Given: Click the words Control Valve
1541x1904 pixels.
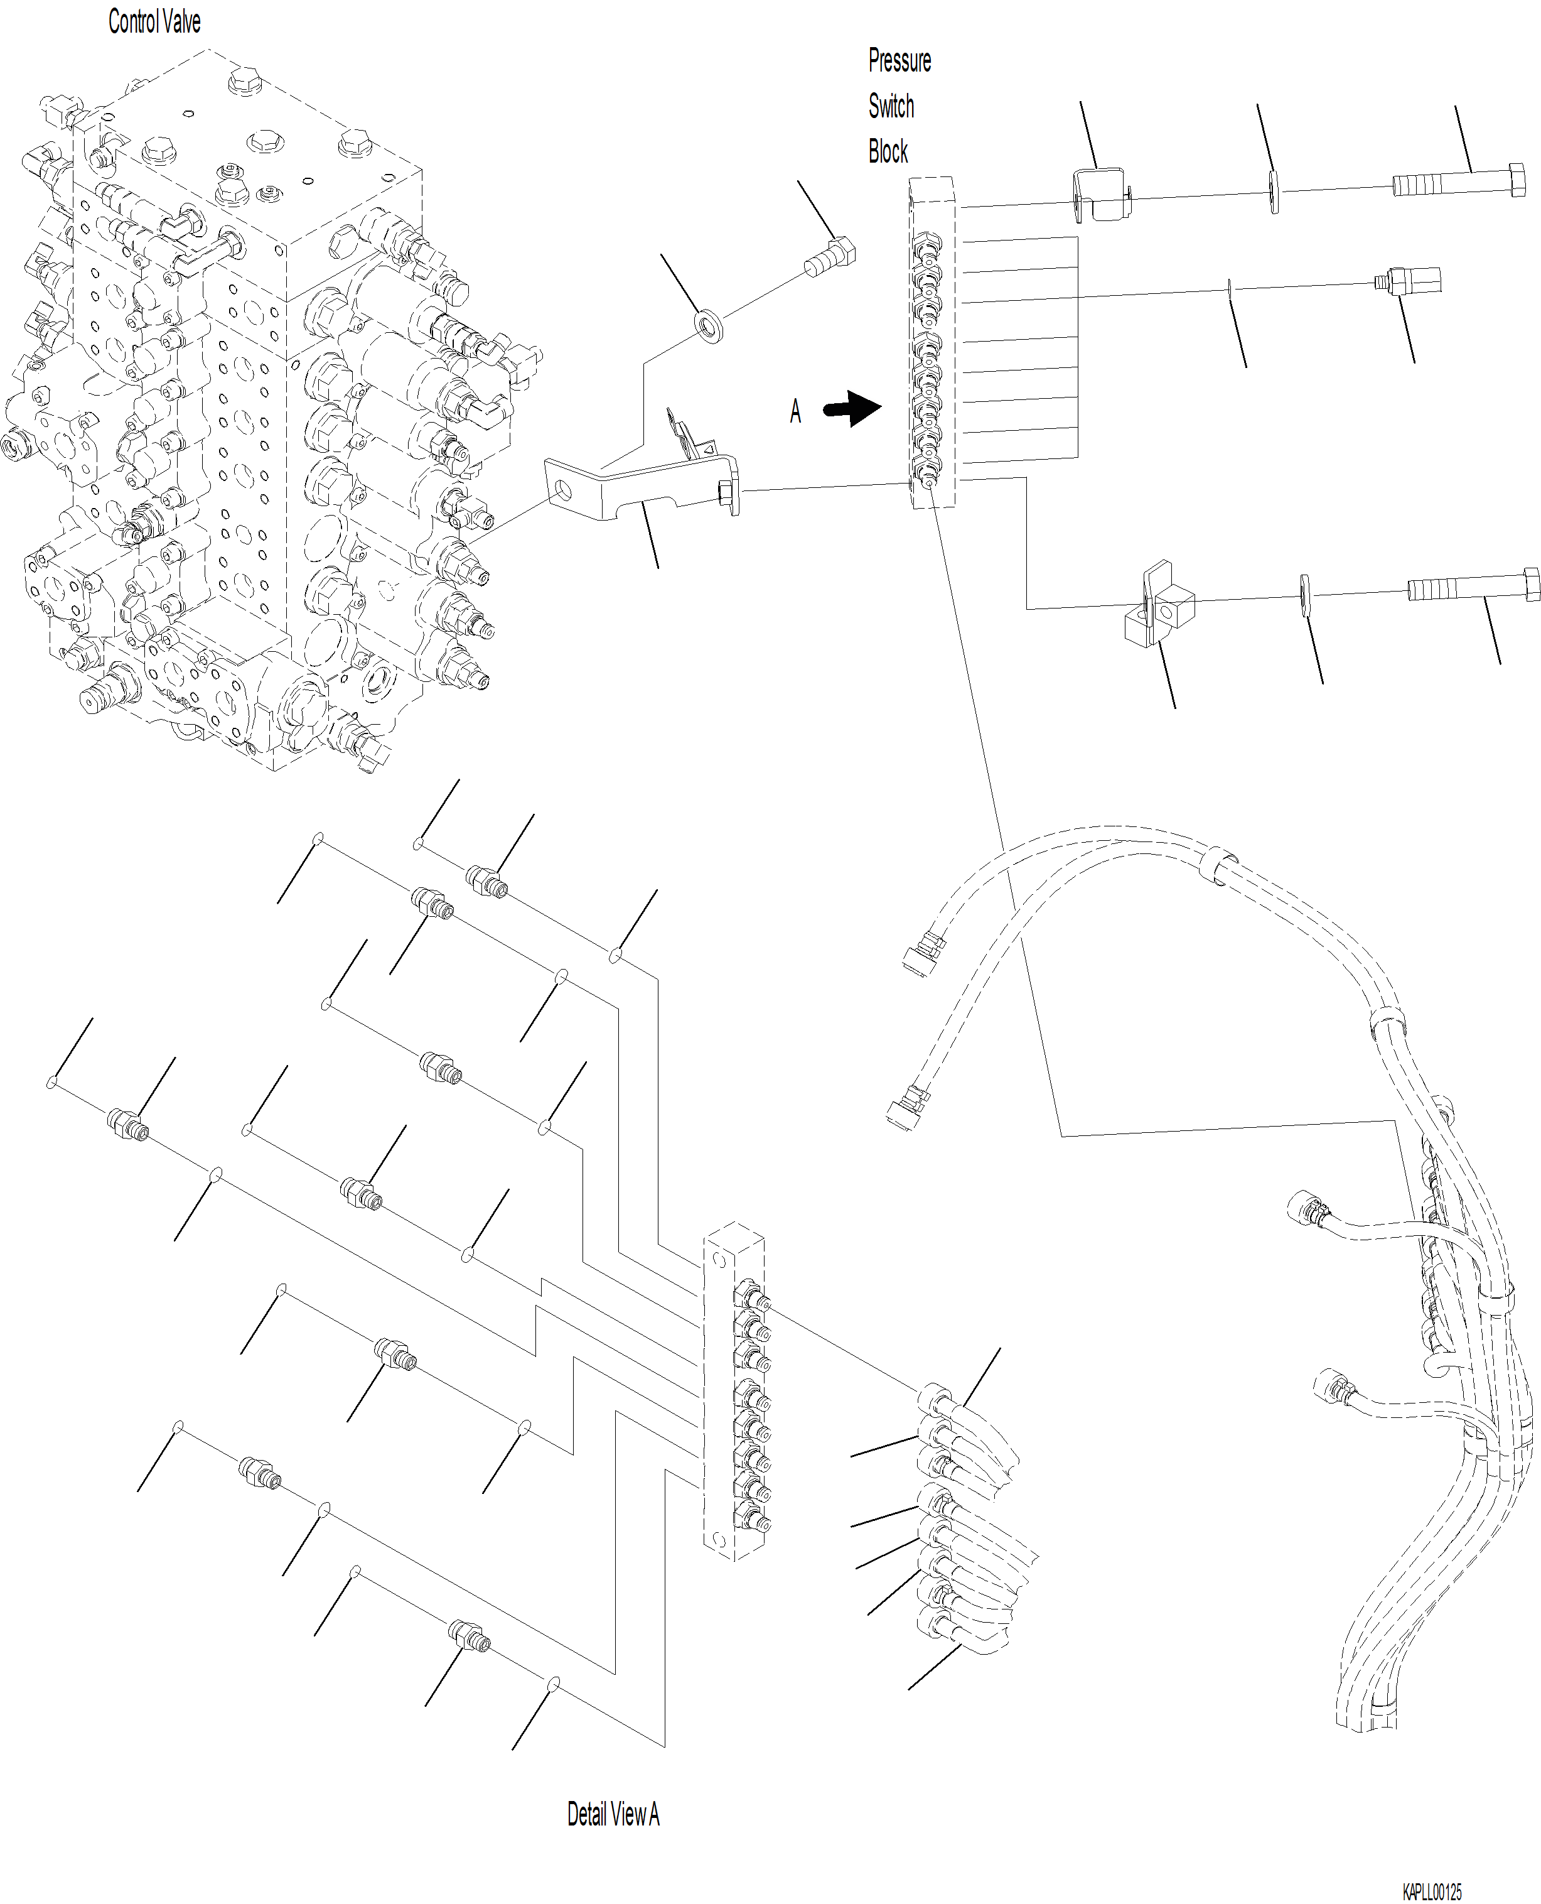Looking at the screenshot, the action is pyautogui.click(x=154, y=21).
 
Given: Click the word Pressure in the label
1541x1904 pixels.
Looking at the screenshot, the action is pyautogui.click(x=899, y=60).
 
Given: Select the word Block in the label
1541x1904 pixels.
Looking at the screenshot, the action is pyautogui.click(x=888, y=151).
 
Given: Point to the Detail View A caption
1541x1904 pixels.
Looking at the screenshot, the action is pyautogui.click(x=613, y=1814).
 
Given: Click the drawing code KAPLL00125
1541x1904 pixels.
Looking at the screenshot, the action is pyautogui.click(x=1432, y=1893).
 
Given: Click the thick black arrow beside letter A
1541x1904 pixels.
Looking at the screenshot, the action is pyautogui.click(x=852, y=409).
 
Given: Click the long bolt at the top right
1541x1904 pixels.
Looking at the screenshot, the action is pyautogui.click(x=1458, y=181).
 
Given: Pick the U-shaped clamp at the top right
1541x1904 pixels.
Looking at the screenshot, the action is pyautogui.click(x=1102, y=195).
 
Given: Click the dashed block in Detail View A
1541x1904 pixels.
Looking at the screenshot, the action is pyautogui.click(x=735, y=1391).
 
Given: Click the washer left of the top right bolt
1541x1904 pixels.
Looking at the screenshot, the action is pyautogui.click(x=1274, y=193).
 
